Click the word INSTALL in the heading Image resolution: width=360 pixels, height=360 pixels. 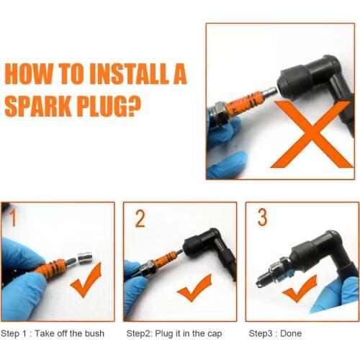[129, 73]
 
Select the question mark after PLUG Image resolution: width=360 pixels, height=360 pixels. [134, 106]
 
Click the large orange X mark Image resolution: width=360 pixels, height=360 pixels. [312, 134]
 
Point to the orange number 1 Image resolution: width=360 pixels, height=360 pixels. [13, 217]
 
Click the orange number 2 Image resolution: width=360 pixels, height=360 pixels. [140, 218]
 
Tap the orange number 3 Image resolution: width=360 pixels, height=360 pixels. [262, 217]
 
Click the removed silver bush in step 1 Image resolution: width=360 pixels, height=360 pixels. [85, 258]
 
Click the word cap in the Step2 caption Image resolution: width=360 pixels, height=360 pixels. [215, 334]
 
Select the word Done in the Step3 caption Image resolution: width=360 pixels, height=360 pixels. [291, 333]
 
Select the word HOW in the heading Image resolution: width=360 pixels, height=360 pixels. [28, 73]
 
